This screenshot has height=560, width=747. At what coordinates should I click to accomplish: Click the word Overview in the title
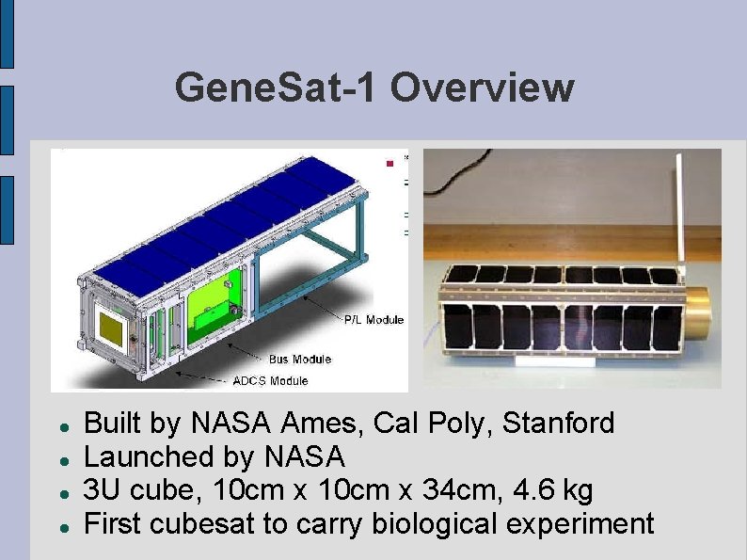pos(481,88)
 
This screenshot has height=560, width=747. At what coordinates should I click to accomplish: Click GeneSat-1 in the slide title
pos(278,88)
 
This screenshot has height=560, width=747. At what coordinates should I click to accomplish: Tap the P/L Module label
pos(373,320)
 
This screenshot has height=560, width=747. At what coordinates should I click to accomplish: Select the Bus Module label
pos(299,359)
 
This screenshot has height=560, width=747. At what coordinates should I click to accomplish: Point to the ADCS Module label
pos(270,381)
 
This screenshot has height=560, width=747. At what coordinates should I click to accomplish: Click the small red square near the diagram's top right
pos(388,164)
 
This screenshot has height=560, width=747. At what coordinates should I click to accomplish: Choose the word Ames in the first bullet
pos(322,424)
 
